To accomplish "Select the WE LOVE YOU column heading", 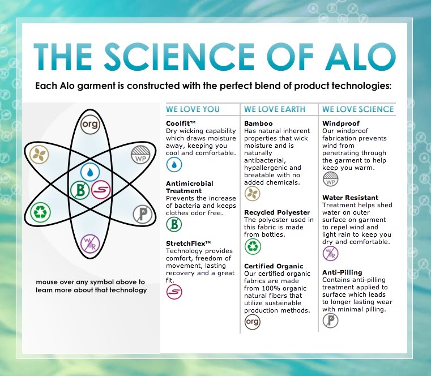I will (193, 109).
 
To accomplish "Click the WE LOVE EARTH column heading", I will (275, 109).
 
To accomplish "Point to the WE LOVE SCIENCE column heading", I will (358, 109).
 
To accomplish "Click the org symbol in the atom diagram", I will (90, 125).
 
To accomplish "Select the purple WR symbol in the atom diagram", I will (90, 243).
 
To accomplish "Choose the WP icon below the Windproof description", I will (330, 180).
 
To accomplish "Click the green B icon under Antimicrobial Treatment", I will (174, 224).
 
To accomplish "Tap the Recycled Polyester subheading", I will (278, 212).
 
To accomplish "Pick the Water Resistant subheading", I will (349, 198).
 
